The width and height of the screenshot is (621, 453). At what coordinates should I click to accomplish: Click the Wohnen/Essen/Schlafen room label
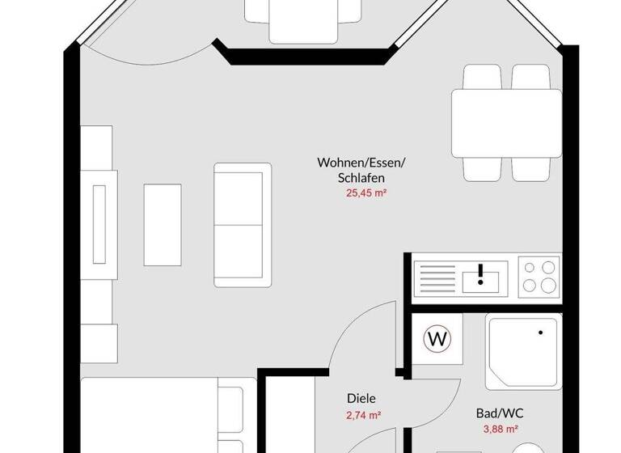(x=361, y=170)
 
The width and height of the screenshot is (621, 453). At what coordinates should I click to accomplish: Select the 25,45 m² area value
(x=361, y=193)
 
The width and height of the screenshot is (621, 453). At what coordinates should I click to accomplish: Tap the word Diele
(x=361, y=398)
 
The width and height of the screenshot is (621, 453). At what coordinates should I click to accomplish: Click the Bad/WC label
(x=500, y=413)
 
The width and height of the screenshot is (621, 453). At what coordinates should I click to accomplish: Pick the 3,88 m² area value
(x=500, y=430)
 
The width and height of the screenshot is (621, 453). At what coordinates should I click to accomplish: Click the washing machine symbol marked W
(x=438, y=339)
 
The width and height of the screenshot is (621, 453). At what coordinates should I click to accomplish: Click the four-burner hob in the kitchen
(x=539, y=276)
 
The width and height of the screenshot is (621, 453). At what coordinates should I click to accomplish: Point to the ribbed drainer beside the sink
(x=437, y=277)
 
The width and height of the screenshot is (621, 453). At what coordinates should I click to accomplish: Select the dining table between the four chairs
(x=506, y=122)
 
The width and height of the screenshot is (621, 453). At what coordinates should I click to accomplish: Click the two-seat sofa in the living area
(x=243, y=224)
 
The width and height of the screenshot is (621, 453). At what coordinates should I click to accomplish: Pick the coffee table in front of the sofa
(x=163, y=211)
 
